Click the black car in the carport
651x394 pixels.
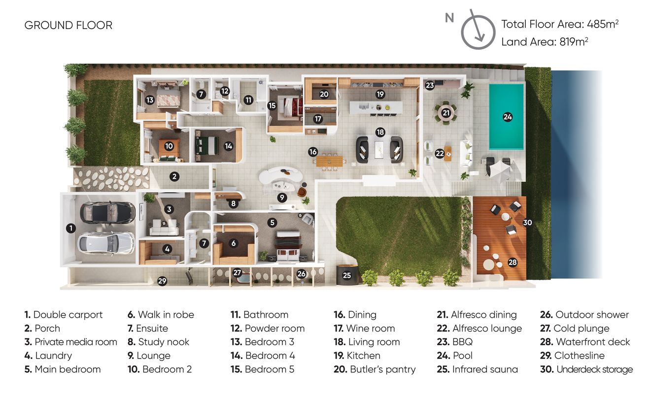(x=107, y=212)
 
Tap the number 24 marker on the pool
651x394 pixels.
(x=508, y=117)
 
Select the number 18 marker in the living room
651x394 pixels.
(x=380, y=132)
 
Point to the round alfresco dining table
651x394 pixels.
(x=446, y=113)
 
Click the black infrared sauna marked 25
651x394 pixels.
(x=347, y=275)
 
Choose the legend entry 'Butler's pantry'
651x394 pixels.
(x=375, y=369)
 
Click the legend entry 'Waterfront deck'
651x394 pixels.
(x=585, y=342)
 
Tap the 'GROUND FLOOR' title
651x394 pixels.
(x=69, y=25)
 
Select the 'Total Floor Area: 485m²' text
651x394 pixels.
(x=560, y=24)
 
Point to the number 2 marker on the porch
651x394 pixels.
(x=174, y=176)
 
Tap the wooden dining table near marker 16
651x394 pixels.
(x=330, y=161)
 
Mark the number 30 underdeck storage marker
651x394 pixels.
(x=527, y=223)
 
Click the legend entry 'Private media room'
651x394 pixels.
(x=70, y=342)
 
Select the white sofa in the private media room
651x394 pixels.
(x=164, y=228)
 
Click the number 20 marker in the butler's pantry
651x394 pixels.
(x=324, y=94)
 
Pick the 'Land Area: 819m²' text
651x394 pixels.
(x=545, y=42)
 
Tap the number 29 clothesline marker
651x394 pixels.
(x=162, y=281)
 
